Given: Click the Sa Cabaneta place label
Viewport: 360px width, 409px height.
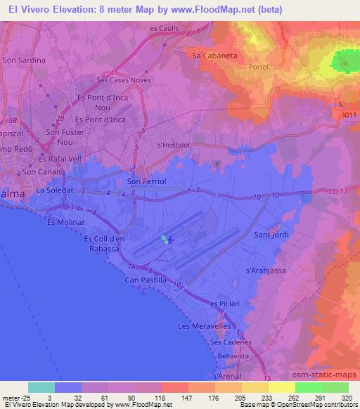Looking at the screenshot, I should tap(212, 53).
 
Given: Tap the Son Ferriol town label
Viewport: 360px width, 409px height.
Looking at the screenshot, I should tap(146, 181).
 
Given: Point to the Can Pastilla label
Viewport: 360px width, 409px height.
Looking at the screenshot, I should tap(146, 280).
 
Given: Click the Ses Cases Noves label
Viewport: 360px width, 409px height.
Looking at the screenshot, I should tap(123, 80).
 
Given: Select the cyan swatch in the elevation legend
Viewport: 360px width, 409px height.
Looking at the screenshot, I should tap(41, 387).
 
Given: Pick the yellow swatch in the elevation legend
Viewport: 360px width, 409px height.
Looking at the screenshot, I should tap(281, 387).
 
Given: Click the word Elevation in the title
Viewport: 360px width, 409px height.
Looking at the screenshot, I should tap(67, 11).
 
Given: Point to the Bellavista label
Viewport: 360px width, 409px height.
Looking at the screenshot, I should tap(234, 357).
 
